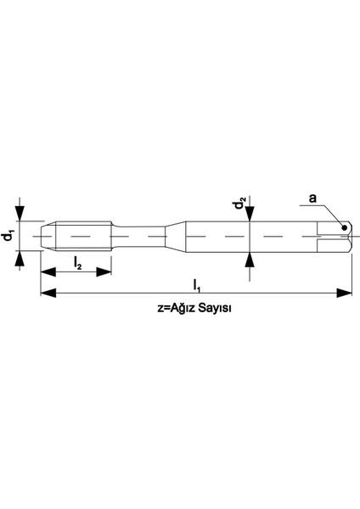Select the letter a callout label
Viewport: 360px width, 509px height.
coord(312,199)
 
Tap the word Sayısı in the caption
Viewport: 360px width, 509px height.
coord(211,310)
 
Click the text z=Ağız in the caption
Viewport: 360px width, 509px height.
coord(172,310)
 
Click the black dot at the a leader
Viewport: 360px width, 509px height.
coord(344,227)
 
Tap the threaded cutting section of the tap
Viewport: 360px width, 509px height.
coord(76,235)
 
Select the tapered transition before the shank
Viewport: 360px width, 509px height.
coord(173,235)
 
